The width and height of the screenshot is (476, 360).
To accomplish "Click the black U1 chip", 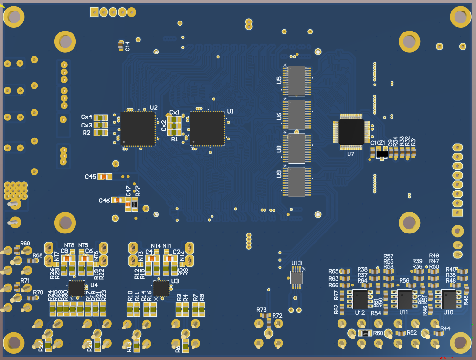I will tap(207, 128).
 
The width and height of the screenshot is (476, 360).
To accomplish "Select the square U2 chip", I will tap(138, 128).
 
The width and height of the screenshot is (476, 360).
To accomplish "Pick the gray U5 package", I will tap(297, 81).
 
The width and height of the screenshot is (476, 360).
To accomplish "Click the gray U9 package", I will tap(297, 181).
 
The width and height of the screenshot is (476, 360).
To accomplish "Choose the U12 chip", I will tap(361, 300).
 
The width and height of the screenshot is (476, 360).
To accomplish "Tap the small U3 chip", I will tap(161, 288).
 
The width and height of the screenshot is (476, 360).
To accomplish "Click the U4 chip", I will tap(76, 288).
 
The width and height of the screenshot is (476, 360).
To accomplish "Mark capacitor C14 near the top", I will tap(121, 46).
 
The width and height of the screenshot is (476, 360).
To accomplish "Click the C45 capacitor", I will tap(105, 177).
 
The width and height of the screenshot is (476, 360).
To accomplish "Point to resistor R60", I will tap(365, 333).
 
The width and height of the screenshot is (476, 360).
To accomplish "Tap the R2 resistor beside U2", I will tap(100, 133).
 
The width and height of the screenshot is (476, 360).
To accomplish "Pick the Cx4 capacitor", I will tap(100, 117).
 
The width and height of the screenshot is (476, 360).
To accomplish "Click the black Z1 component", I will tap(381, 153).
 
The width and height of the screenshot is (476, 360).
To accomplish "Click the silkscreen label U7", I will tap(350, 154).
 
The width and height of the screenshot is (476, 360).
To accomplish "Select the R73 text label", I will tap(262, 310).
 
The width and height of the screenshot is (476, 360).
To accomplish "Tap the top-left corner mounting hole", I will tap(14, 18).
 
